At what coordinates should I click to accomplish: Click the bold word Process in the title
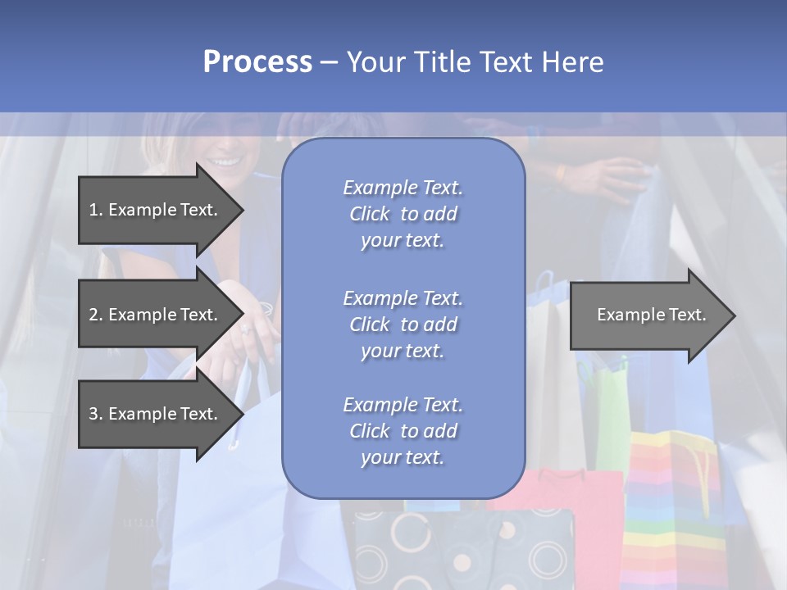pyautogui.click(x=257, y=62)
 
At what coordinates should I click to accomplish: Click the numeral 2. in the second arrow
pyautogui.click(x=96, y=315)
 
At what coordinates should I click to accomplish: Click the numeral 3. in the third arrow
pyautogui.click(x=96, y=414)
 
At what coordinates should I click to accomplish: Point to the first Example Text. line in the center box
pyautogui.click(x=403, y=188)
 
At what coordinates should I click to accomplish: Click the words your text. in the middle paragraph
pyautogui.click(x=403, y=351)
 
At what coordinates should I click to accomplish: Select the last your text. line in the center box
pyautogui.click(x=403, y=457)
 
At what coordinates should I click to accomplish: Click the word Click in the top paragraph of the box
pyautogui.click(x=370, y=214)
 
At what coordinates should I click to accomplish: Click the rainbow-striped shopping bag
pyautogui.click(x=672, y=500)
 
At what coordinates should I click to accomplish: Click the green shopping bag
pyautogui.click(x=611, y=410)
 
